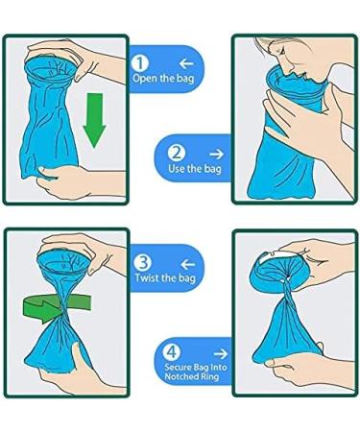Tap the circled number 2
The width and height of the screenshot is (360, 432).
point(177,152)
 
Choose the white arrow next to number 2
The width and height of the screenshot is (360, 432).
point(215,152)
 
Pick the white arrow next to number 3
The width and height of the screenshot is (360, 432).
point(186,260)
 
